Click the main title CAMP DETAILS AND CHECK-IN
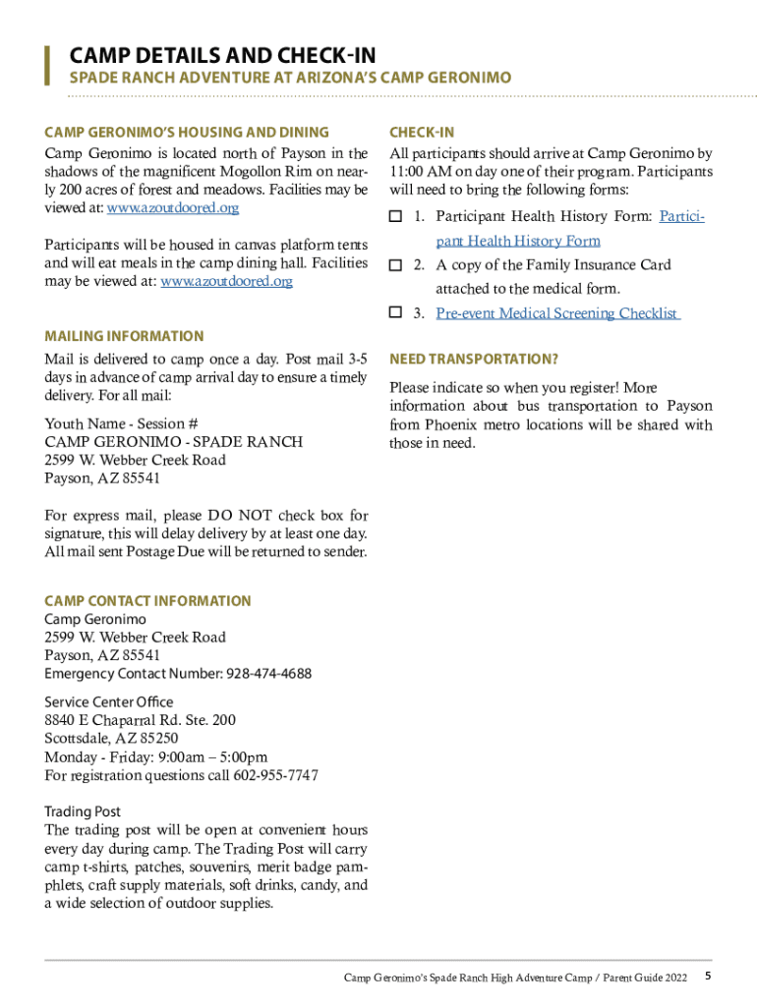221,55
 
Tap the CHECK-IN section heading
421,133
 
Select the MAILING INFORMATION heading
124,336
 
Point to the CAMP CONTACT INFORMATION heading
147,601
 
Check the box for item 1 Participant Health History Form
396,216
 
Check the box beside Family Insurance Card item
396,265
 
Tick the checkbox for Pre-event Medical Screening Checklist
396,313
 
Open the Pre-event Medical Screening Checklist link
557,313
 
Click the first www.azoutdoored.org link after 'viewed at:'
172,208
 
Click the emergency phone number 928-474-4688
268,674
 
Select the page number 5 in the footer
708,977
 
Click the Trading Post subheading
83,811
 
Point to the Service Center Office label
108,701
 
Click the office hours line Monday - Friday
155,757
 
